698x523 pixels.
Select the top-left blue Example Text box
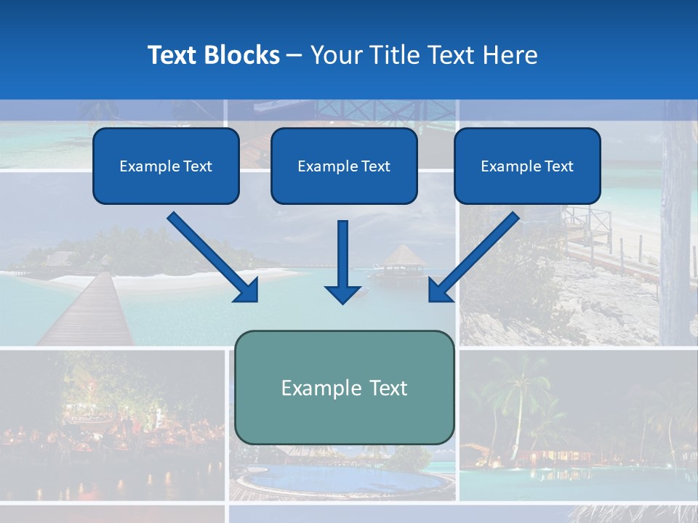click(166, 166)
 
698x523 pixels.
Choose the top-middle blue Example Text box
click(344, 166)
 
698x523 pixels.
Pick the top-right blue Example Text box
click(527, 166)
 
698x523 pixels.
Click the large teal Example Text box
click(345, 387)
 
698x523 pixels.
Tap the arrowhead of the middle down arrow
click(342, 293)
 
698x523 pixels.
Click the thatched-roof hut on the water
click(401, 259)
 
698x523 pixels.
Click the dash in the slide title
click(294, 55)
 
